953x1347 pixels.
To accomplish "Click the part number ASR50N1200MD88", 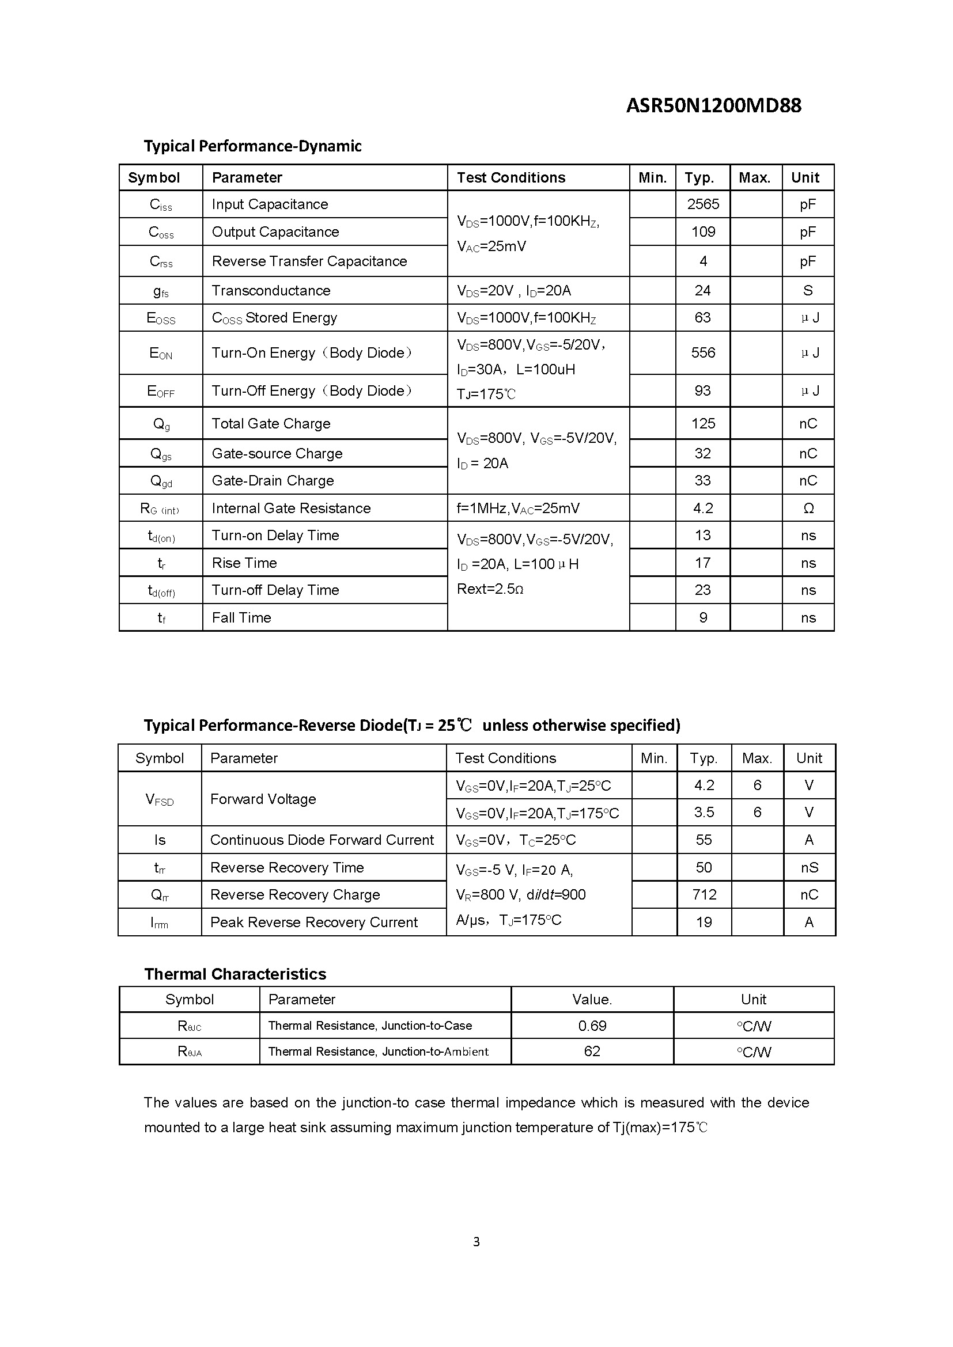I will (713, 105).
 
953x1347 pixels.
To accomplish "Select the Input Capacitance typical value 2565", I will (702, 204).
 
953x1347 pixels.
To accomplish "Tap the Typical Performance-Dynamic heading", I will (252, 146).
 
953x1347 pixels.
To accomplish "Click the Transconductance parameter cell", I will (271, 290).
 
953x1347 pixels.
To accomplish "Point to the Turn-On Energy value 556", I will (702, 352).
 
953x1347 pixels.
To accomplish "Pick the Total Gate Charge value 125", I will (702, 424).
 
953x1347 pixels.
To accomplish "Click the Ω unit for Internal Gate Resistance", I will (807, 508).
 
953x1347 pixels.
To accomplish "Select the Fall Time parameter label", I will (241, 617).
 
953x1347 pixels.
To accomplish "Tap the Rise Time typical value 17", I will (702, 563).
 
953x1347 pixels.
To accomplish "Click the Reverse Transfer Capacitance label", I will (309, 261).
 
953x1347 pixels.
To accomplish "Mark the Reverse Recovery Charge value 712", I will (704, 895).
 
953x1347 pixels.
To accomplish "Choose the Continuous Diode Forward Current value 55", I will (704, 840).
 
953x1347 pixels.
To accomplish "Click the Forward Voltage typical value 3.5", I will (704, 813).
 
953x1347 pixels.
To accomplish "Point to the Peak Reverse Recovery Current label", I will (313, 922).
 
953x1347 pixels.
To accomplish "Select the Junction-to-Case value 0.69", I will (592, 1026).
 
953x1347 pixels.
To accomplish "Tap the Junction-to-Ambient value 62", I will (592, 1052).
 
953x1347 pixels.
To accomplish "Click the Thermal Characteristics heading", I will (235, 974).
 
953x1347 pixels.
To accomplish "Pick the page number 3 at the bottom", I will (476, 1242).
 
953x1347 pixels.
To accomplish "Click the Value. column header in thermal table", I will (592, 999).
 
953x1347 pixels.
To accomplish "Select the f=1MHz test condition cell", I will (517, 508).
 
